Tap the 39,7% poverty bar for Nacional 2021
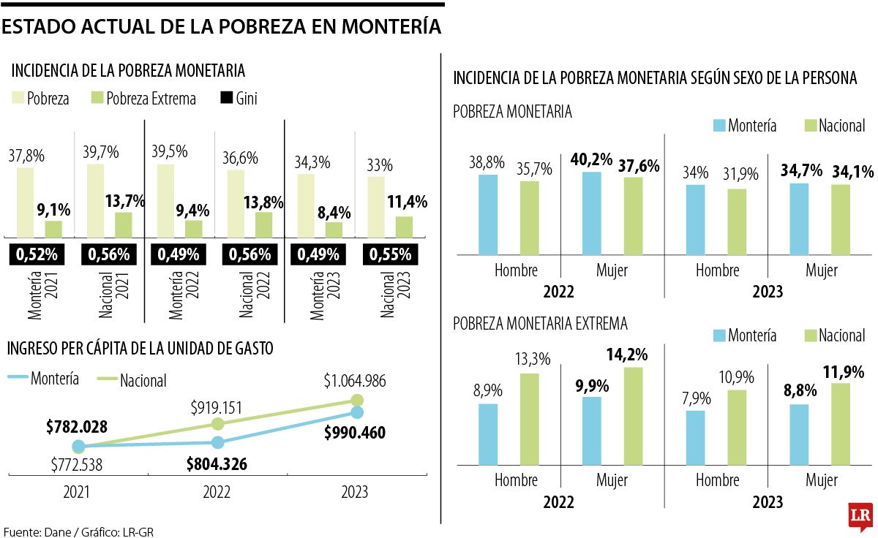[95, 200]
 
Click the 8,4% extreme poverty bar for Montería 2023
[334, 230]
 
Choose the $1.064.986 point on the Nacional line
[357, 400]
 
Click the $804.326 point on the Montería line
[217, 442]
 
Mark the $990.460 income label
[355, 433]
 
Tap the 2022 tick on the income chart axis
[217, 492]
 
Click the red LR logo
[860, 517]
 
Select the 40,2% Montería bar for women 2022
[592, 213]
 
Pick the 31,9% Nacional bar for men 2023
[738, 222]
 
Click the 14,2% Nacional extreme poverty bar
[634, 416]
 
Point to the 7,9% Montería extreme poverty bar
[697, 437]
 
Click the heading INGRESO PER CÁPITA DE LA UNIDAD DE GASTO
[140, 349]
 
